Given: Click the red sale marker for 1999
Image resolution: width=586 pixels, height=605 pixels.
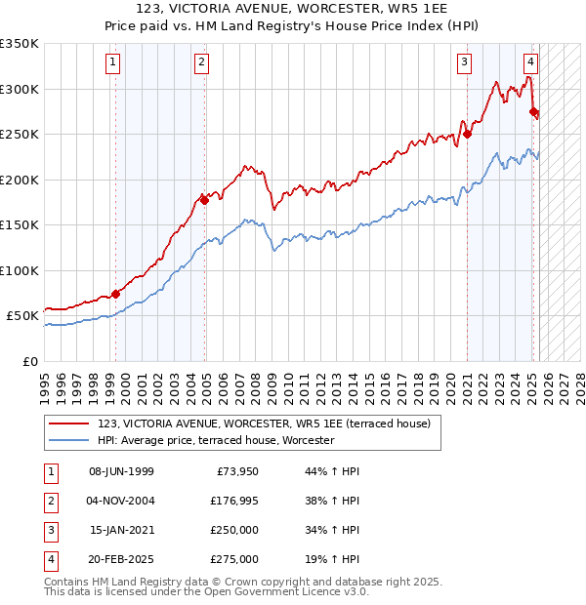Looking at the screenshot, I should pos(115,293).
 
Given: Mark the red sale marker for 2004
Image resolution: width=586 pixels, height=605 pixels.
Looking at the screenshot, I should pos(204,200).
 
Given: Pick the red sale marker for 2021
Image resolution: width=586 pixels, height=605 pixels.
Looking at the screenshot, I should pos(467,134).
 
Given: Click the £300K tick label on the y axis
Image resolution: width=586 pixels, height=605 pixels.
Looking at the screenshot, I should pos(20,89).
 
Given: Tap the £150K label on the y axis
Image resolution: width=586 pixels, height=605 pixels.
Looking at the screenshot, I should pos(20,224).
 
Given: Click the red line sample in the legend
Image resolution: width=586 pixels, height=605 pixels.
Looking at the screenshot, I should pos(70,423).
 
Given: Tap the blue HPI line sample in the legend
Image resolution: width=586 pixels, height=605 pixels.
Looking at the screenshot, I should pos(70,440).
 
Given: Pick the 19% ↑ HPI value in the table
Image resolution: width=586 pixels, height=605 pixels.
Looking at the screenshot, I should pos(335,559).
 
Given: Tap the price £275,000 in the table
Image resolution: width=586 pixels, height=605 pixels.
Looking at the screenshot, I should pos(233,559).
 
